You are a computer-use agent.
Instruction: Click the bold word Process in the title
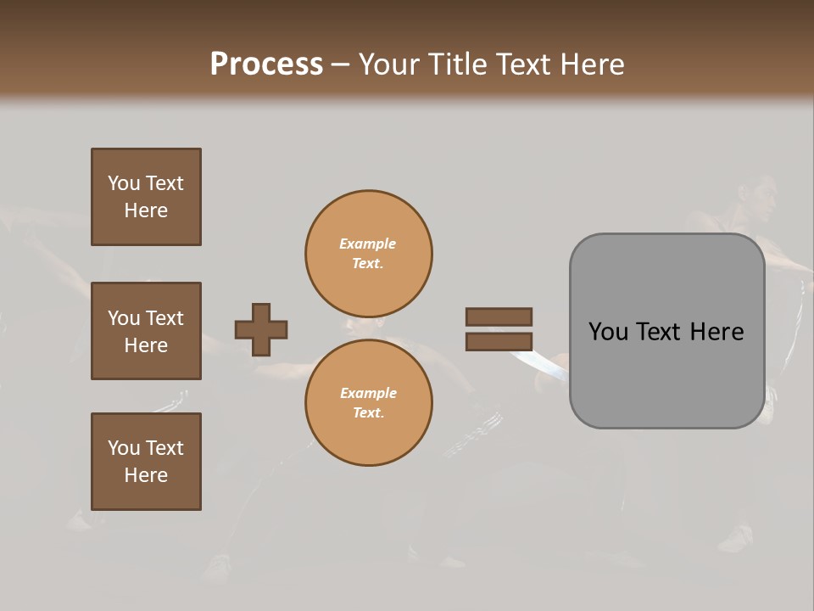pyautogui.click(x=266, y=64)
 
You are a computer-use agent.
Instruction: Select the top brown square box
pyautogui.click(x=146, y=197)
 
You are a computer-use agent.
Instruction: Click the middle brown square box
pyautogui.click(x=146, y=331)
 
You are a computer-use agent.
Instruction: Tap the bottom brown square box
pyautogui.click(x=146, y=462)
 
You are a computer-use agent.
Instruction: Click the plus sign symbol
pyautogui.click(x=261, y=329)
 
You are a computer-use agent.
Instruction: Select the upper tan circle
pyautogui.click(x=369, y=254)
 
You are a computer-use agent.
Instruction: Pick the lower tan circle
pyautogui.click(x=369, y=403)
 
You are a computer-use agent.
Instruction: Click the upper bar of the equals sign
pyautogui.click(x=499, y=317)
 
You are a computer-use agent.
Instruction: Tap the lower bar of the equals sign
pyautogui.click(x=499, y=342)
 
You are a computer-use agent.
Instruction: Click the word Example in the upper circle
pyautogui.click(x=368, y=244)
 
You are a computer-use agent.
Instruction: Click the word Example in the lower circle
pyautogui.click(x=368, y=393)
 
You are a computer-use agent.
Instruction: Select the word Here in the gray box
pyautogui.click(x=716, y=332)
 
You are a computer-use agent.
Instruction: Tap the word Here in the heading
pyautogui.click(x=594, y=64)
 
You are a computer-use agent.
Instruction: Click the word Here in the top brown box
pyautogui.click(x=146, y=210)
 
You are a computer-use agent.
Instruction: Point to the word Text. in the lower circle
pyautogui.click(x=368, y=413)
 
